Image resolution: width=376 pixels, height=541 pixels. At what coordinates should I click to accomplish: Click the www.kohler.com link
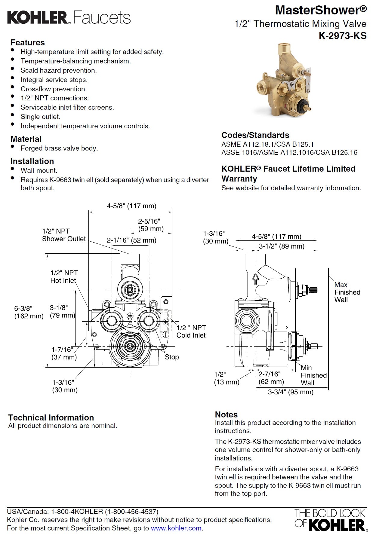176,528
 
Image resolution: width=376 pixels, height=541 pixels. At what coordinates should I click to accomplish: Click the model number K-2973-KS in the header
343,36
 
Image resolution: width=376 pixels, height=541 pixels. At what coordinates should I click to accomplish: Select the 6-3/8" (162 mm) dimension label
29,312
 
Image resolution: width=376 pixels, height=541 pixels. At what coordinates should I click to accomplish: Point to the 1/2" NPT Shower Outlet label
64,235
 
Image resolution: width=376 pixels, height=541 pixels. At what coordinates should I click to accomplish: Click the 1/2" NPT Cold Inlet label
191,332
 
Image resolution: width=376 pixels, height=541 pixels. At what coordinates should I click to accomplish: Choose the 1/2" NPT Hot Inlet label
64,277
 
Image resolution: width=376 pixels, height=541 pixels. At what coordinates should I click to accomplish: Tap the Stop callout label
172,357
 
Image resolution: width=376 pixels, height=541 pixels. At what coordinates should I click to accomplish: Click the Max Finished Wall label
347,292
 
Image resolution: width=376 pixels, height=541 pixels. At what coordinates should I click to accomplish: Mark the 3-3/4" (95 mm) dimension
291,392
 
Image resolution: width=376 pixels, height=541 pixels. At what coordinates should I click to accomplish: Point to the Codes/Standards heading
255,135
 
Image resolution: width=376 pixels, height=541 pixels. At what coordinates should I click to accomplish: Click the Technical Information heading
51,417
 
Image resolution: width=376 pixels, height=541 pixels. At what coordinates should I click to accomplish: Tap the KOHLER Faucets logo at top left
69,17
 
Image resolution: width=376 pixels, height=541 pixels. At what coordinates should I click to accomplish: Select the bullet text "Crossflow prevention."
54,89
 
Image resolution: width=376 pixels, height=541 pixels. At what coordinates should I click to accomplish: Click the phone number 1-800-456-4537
131,511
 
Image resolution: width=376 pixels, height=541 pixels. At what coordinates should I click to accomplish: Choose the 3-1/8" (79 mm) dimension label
62,311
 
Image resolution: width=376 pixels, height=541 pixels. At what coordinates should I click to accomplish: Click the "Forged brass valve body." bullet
59,148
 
